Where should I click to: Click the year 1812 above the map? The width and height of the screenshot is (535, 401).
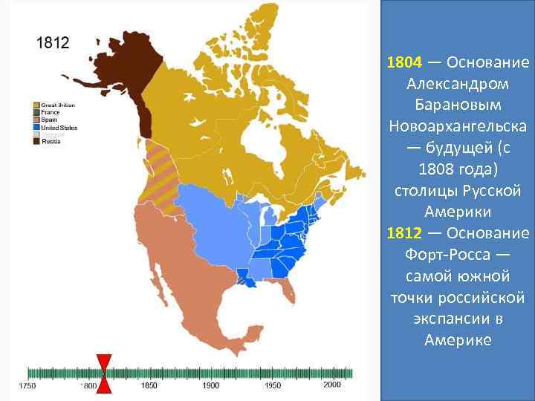53,43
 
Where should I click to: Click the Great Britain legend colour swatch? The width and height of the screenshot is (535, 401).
36,105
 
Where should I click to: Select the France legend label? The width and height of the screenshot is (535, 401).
49,111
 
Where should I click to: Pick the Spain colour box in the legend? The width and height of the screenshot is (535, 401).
36,120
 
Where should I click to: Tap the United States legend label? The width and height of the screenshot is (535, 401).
59,128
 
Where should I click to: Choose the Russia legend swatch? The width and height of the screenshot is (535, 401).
36,141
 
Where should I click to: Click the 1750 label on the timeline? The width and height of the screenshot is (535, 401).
27,386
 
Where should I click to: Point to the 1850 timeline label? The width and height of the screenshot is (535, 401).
149,386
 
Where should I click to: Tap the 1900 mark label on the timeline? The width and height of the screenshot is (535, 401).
211,386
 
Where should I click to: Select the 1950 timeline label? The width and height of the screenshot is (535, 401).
273,386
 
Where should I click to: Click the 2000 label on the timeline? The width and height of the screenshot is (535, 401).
332,385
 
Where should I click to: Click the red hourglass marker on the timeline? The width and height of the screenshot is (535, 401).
105,374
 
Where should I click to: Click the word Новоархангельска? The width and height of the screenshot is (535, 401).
458,122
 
